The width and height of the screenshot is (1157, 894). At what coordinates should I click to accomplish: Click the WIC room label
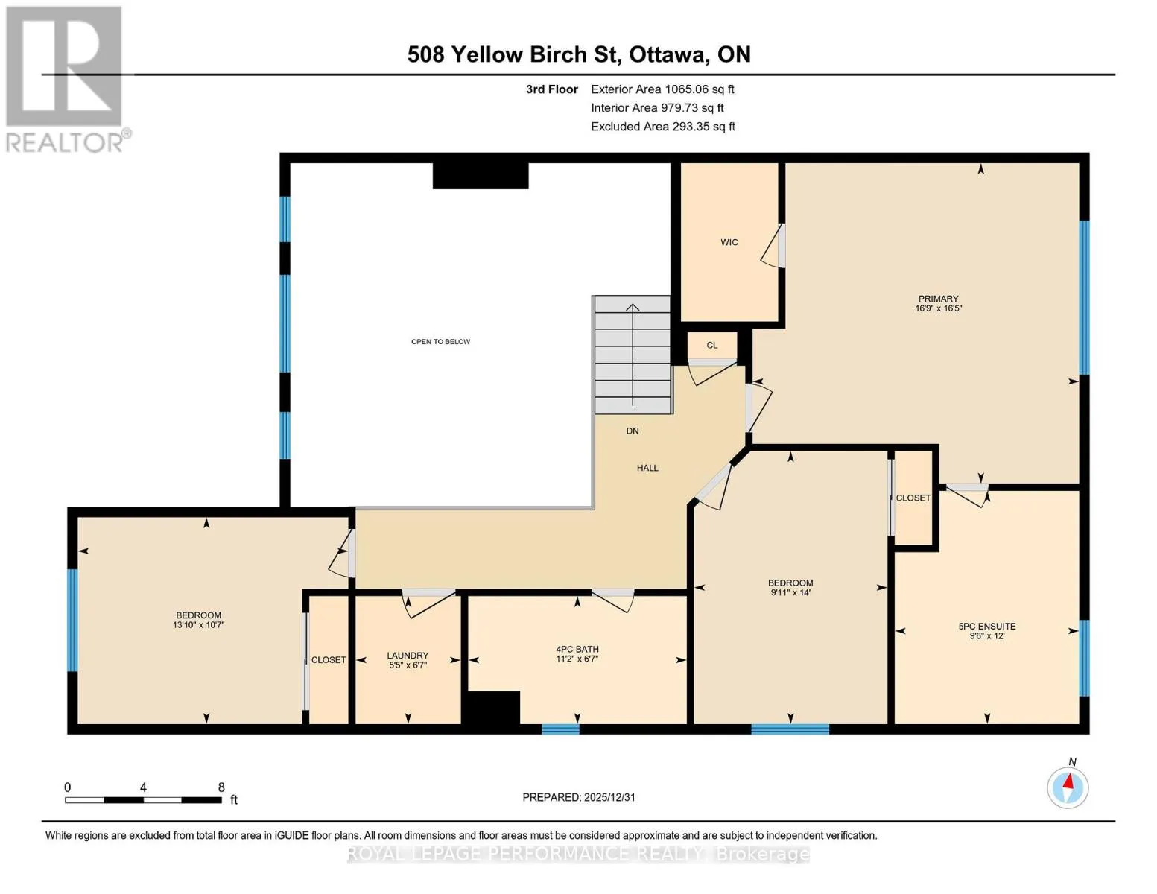(x=729, y=242)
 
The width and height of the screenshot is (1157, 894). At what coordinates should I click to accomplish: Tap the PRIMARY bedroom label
(x=938, y=299)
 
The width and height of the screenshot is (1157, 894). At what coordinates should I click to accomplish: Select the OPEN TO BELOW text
(x=440, y=341)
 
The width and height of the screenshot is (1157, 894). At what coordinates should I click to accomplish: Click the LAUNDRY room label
(x=408, y=656)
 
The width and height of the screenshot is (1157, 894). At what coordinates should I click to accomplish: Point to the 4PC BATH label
(x=577, y=649)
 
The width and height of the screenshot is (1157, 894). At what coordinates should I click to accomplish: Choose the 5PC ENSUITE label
(x=987, y=627)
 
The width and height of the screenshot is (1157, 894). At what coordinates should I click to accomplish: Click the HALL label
(x=647, y=468)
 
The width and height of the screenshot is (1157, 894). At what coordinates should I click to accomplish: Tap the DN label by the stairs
(x=633, y=431)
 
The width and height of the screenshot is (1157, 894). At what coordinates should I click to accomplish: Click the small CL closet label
(x=712, y=345)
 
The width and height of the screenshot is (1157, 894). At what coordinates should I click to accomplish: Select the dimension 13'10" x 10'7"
(x=199, y=624)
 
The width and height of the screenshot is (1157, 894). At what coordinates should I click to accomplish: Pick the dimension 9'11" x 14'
(x=790, y=592)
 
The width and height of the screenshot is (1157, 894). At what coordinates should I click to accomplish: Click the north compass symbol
(x=1068, y=787)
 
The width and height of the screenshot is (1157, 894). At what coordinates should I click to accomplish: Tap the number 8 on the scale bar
(x=221, y=787)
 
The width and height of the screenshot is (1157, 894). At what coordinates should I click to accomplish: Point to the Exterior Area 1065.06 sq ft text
(x=662, y=89)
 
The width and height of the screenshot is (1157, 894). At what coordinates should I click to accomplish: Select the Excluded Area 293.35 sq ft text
(x=663, y=127)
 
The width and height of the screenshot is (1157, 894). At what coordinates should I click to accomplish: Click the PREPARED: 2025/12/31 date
(x=579, y=797)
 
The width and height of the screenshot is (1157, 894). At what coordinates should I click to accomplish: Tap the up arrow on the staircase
(x=633, y=355)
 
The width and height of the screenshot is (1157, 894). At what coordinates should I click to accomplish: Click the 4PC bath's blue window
(x=561, y=729)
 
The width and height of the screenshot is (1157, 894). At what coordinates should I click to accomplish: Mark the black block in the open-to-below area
(x=481, y=176)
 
